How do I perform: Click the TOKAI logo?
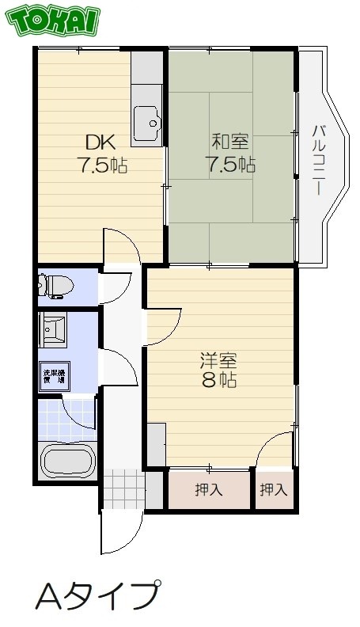[x=53, y=21]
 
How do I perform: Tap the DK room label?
[x=100, y=143]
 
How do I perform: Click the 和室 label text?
[x=229, y=142]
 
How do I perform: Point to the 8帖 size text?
[x=218, y=380]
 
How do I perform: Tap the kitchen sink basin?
[x=147, y=120]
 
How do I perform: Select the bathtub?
[x=68, y=461]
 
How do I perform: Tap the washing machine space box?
[x=52, y=374]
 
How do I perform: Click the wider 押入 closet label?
[x=209, y=490]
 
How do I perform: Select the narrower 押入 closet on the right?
[x=274, y=490]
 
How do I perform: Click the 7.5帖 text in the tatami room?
[x=230, y=165]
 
